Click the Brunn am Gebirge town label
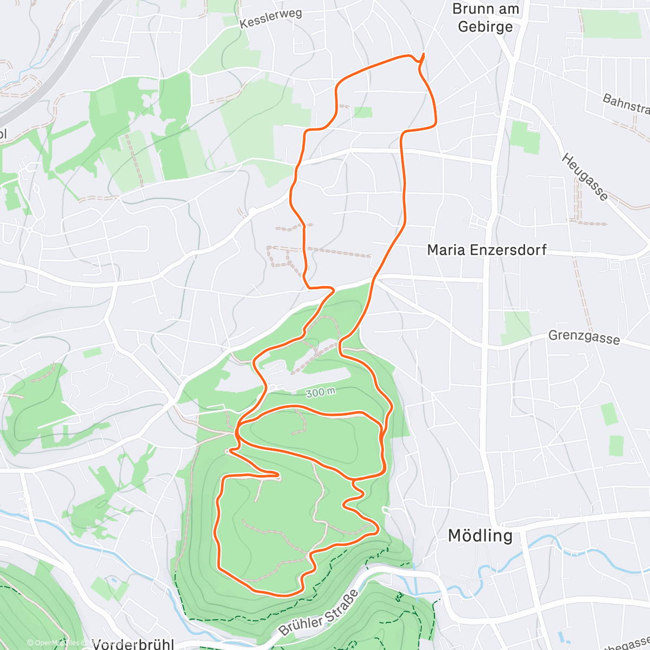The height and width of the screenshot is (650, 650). click(485, 18)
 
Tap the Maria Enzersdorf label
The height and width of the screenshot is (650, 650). click(486, 250)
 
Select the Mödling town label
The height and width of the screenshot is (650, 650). click(480, 536)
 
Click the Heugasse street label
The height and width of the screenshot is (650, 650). click(584, 177)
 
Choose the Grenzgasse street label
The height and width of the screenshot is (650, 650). click(584, 337)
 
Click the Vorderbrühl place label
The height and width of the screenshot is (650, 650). click(133, 644)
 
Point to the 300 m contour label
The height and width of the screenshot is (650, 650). click(320, 392)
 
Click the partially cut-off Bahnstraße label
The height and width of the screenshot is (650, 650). click(626, 103)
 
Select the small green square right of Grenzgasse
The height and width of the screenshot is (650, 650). click(616, 445)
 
